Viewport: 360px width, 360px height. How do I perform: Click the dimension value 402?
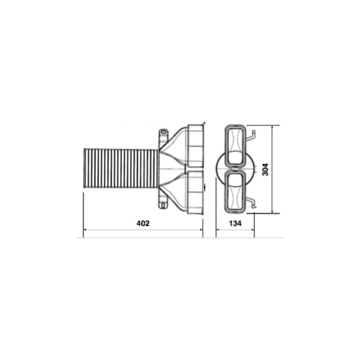(x=143, y=223)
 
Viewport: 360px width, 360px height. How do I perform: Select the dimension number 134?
(x=235, y=223)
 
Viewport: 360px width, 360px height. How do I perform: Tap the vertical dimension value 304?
(x=265, y=169)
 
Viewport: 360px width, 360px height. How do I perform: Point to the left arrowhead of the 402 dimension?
(x=85, y=229)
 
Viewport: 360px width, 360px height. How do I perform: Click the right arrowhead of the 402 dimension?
(x=201, y=229)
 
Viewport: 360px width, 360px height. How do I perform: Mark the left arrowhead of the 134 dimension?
(x=218, y=229)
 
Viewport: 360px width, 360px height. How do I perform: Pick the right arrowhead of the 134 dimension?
(x=253, y=229)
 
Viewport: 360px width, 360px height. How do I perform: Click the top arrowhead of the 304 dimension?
(x=272, y=127)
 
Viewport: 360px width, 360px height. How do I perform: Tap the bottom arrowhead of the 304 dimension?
(x=272, y=211)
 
